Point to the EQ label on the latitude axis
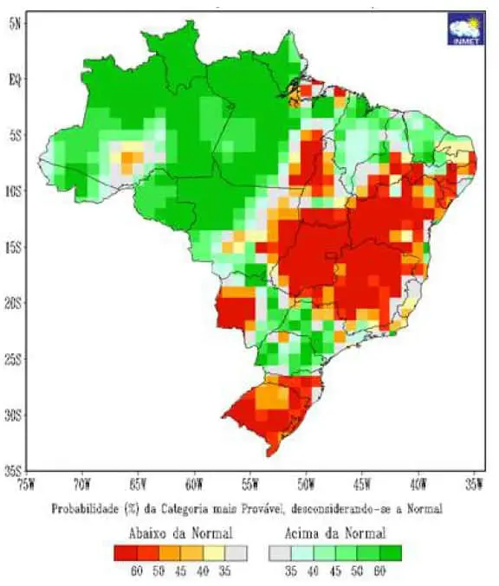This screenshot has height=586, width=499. click(x=15, y=80)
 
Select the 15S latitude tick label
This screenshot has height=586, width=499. click(x=14, y=248)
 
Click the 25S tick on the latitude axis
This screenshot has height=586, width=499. click(x=14, y=359)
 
